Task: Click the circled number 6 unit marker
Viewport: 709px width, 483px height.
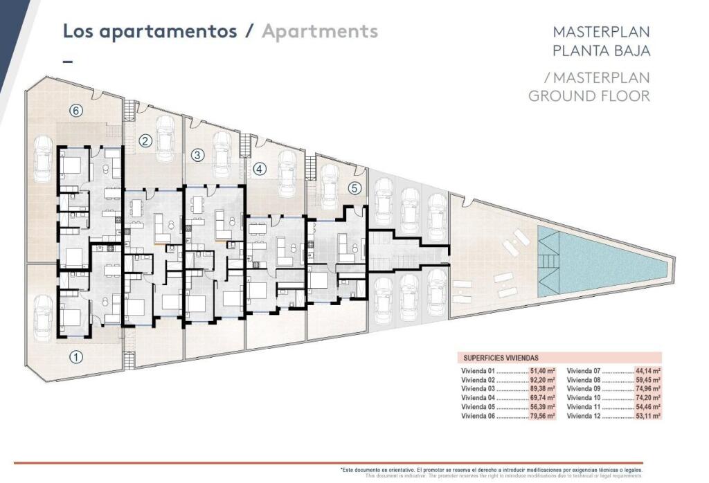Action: (x=76, y=110)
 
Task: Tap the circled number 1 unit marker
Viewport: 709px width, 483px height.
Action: (x=76, y=358)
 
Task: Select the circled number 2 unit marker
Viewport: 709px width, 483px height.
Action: (x=145, y=141)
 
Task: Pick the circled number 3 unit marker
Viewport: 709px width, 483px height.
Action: (x=197, y=155)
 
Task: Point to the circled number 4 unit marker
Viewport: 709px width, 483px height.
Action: (x=259, y=168)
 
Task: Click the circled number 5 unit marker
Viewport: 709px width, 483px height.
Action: (x=354, y=187)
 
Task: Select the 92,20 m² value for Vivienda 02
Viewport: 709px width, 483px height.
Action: (x=541, y=380)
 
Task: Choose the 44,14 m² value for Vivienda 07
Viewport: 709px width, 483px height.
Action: (x=647, y=371)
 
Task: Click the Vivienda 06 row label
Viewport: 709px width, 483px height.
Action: (x=478, y=416)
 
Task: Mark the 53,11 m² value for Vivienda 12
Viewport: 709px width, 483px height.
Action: (x=647, y=416)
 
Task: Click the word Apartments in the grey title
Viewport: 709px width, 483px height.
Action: (x=319, y=31)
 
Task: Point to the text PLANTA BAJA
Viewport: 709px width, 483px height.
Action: (x=601, y=50)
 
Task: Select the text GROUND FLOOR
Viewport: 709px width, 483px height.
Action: (x=589, y=95)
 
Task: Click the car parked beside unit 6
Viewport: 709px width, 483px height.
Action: (x=43, y=164)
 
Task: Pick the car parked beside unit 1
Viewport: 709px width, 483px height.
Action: (x=43, y=316)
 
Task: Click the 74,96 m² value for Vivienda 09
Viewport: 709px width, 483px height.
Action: (x=647, y=389)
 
